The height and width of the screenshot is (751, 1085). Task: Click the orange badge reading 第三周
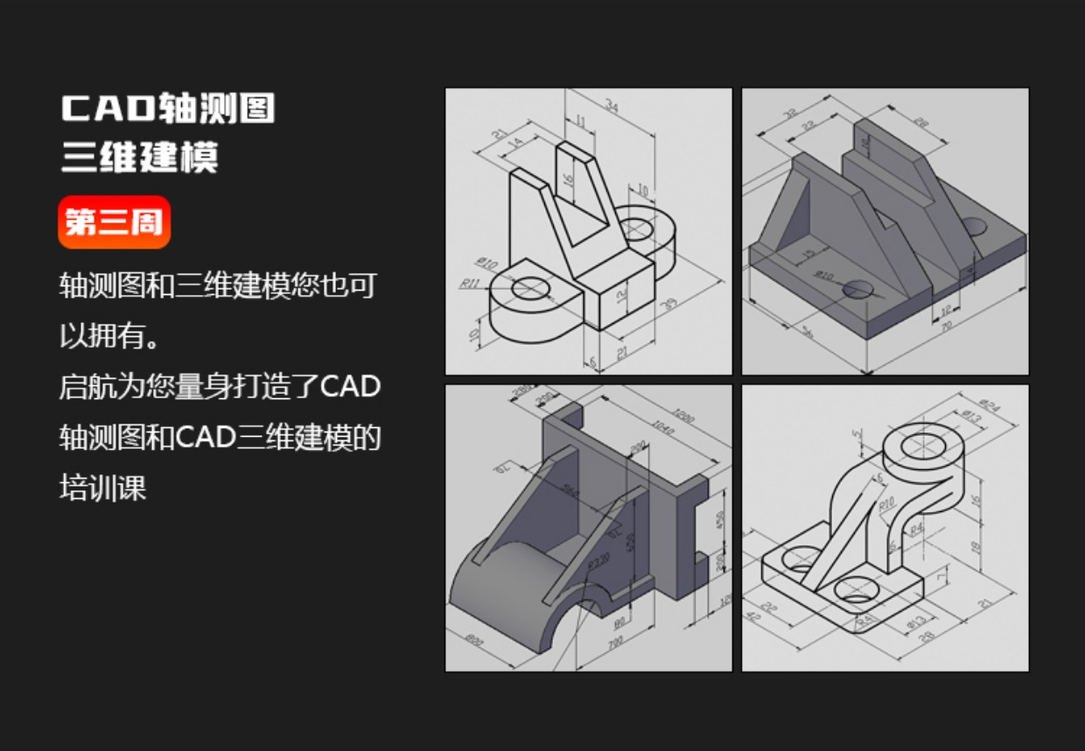(114, 222)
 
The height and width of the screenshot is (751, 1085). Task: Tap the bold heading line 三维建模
(139, 158)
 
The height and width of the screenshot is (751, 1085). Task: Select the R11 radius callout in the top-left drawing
(471, 283)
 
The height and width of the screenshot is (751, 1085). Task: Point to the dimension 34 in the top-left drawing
(611, 108)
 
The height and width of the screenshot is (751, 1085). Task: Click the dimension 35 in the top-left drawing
(671, 304)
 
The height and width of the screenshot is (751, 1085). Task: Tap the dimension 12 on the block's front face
(620, 295)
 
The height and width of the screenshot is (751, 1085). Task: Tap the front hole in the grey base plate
(857, 289)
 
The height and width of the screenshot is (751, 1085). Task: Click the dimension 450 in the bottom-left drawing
(720, 520)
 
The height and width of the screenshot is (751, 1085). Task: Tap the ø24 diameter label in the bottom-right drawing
(986, 405)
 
